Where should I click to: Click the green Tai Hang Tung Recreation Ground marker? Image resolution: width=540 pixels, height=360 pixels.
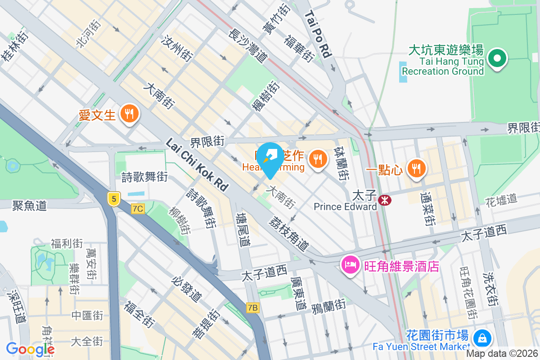[497, 58]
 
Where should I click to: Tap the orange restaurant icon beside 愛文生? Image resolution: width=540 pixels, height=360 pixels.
[130, 113]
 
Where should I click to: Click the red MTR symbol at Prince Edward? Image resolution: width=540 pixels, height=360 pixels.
[385, 199]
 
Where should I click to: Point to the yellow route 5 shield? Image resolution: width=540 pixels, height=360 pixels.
[113, 198]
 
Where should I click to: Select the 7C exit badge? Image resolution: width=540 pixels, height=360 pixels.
[138, 208]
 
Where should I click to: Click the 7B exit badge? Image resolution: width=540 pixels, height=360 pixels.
[253, 308]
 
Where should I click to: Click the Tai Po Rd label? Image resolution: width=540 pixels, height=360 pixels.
[318, 34]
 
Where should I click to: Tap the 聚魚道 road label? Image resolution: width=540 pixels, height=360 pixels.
[29, 206]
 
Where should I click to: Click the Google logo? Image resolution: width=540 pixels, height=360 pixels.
[30, 349]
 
